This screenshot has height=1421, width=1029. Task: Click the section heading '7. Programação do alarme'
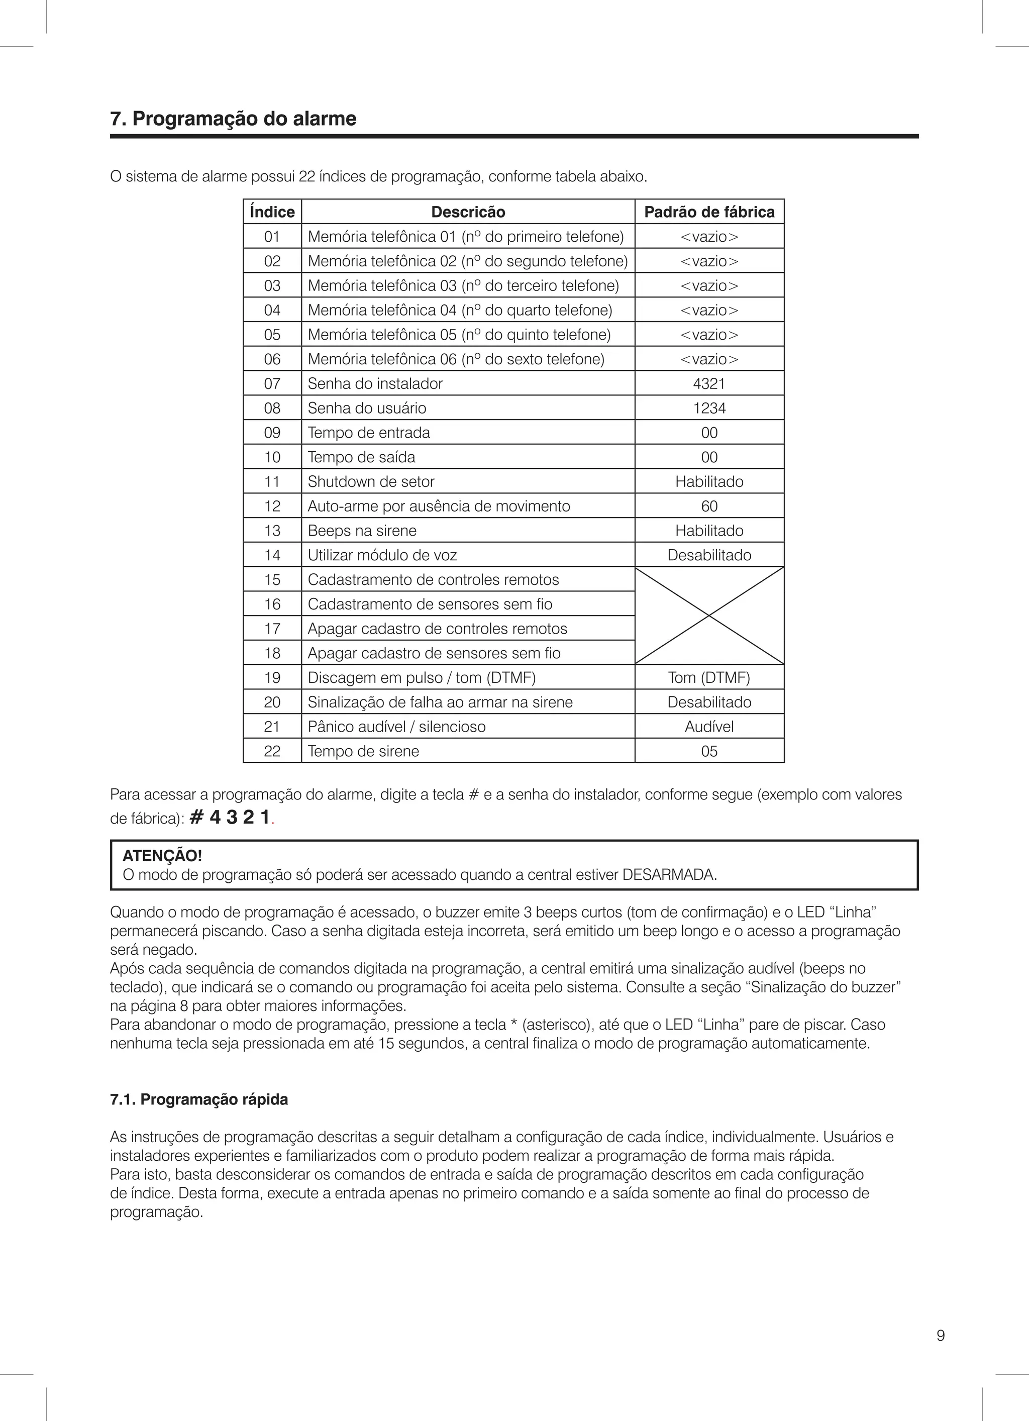(233, 119)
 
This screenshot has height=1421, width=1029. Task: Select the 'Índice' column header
(272, 212)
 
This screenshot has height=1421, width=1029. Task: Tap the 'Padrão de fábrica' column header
(709, 212)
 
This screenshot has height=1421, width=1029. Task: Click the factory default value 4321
(709, 383)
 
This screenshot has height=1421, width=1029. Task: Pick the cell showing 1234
(709, 408)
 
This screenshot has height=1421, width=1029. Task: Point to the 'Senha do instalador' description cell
(375, 383)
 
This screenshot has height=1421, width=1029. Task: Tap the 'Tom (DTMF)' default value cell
(709, 677)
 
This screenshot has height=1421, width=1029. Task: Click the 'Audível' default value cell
(709, 726)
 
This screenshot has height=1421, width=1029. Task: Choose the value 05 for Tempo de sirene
(709, 751)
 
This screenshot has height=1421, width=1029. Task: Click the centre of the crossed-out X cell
(709, 615)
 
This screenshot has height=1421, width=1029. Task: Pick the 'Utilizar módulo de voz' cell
(382, 555)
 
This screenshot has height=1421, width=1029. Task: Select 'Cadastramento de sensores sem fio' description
(430, 604)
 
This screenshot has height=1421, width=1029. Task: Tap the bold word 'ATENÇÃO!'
(162, 856)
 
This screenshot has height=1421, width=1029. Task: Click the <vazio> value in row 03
(709, 286)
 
